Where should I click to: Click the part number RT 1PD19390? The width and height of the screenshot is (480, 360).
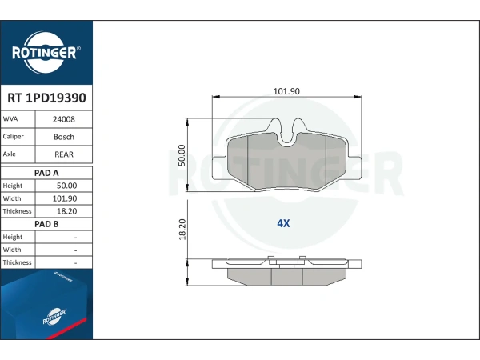46,98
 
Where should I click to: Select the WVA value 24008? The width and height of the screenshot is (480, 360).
64,119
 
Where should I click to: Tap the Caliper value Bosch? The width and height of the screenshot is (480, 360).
64,137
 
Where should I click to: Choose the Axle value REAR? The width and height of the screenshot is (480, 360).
64,154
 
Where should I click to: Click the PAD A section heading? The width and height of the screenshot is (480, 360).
46,173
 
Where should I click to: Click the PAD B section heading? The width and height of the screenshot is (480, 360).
46,224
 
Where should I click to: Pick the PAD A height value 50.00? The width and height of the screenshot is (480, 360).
66,186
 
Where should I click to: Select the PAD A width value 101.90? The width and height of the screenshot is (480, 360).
65,198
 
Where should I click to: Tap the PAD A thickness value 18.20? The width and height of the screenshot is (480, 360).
66,211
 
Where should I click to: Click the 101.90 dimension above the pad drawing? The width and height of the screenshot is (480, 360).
286,91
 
